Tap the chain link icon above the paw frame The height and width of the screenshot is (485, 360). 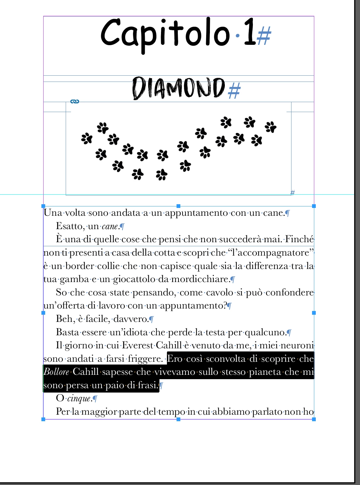[75, 101]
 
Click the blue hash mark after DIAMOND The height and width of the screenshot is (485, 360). [234, 91]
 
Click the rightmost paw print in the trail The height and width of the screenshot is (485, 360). [270, 127]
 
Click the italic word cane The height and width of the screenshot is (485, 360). [110, 226]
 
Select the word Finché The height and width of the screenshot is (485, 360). [299, 239]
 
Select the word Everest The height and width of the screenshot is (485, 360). [137, 346]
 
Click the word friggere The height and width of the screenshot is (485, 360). [145, 359]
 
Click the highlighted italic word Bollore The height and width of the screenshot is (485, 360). [56, 372]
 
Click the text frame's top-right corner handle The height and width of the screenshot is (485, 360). [314, 206]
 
